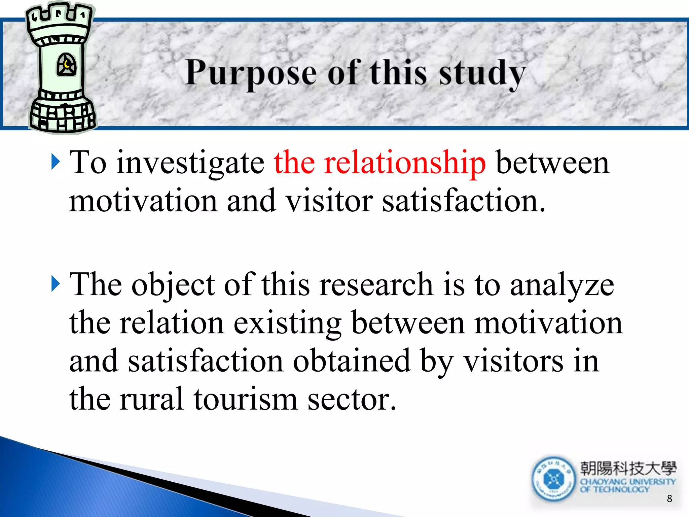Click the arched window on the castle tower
point(66,64)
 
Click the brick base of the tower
point(63,116)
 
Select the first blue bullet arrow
point(56,162)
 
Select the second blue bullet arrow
point(56,284)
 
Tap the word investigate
point(190,163)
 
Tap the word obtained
point(352,361)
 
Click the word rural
point(151,399)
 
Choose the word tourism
point(246,399)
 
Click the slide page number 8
point(669,498)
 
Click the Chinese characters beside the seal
point(628,468)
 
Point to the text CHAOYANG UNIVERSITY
point(628,482)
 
